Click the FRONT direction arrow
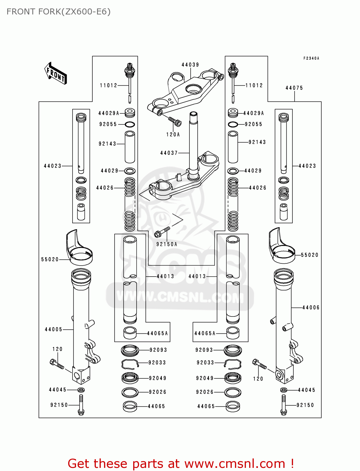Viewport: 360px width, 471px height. (x=56, y=73)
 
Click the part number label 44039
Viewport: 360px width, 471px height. (x=190, y=65)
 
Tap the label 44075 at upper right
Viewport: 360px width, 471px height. (x=294, y=88)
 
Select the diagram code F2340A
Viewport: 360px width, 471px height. (x=311, y=58)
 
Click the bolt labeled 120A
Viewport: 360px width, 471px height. (x=175, y=121)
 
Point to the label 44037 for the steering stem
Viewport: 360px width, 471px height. (x=169, y=153)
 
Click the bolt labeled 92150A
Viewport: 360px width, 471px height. (x=162, y=232)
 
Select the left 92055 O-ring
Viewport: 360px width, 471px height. (x=130, y=124)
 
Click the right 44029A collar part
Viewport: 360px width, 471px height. (x=233, y=113)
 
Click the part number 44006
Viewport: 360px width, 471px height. (x=311, y=308)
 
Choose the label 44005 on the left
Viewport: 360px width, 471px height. (x=53, y=329)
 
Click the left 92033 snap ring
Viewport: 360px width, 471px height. (x=130, y=363)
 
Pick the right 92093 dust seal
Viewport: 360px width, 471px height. (x=233, y=350)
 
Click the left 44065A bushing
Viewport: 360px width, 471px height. (x=130, y=333)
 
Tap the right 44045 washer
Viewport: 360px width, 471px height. (x=283, y=390)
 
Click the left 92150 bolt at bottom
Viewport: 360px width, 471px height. (x=81, y=405)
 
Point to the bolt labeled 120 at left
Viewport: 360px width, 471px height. (x=57, y=364)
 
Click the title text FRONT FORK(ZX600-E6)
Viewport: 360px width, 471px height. (x=58, y=12)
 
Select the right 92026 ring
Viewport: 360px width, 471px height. (x=233, y=392)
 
